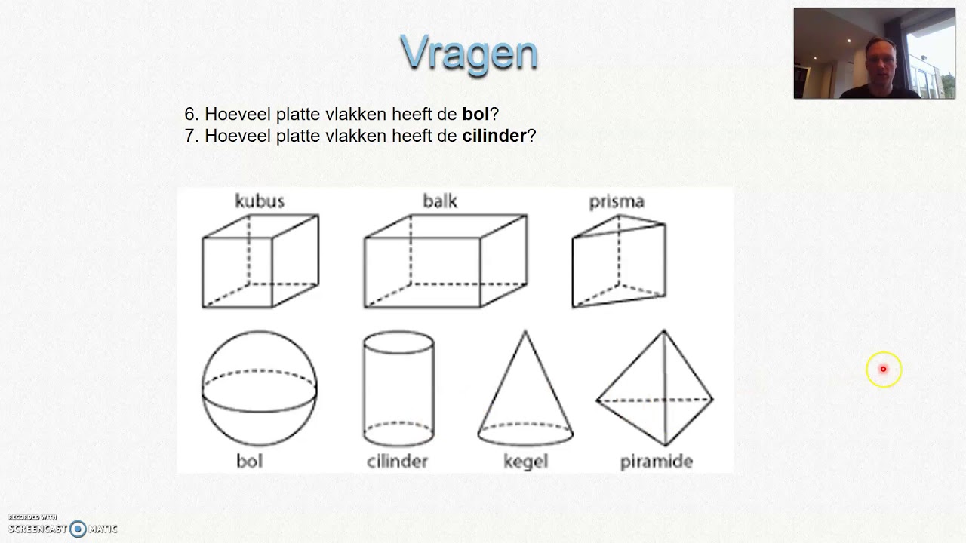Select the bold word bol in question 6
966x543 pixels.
[x=475, y=115]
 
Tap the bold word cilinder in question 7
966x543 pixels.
[x=494, y=137]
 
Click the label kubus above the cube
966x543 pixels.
[x=260, y=201]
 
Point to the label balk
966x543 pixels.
[x=439, y=201]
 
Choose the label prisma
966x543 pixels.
[x=617, y=201]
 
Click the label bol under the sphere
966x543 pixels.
[x=249, y=461]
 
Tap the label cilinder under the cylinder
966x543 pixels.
[x=397, y=461]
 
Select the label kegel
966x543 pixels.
[x=525, y=461]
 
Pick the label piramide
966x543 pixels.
[x=656, y=461]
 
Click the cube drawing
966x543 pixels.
[x=260, y=261]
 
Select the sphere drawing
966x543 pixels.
[x=260, y=388]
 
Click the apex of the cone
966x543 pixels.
[x=525, y=331]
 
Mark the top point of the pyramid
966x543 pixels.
[x=664, y=331]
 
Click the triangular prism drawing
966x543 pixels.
[x=619, y=261]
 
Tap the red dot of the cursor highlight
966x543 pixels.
[x=883, y=370]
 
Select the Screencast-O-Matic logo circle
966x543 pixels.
[x=78, y=529]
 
